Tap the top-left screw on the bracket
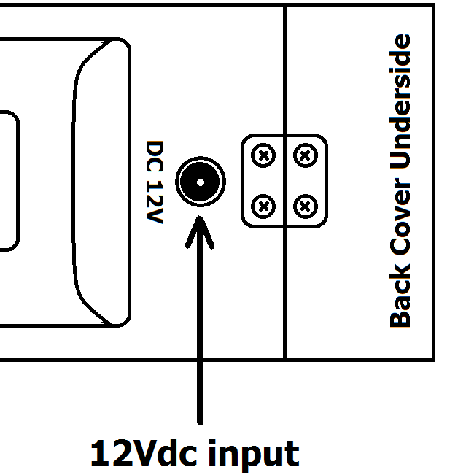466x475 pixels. click(x=264, y=155)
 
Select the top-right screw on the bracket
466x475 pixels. click(x=305, y=155)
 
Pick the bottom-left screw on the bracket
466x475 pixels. click(x=264, y=206)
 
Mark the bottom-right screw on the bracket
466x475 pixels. click(x=305, y=206)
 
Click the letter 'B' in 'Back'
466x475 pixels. click(x=400, y=318)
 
